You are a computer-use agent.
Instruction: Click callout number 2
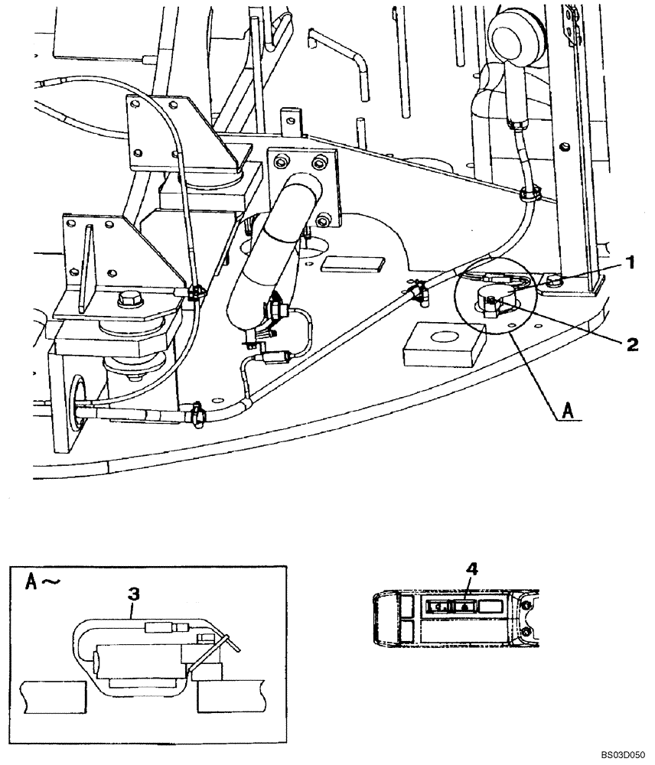click(x=632, y=344)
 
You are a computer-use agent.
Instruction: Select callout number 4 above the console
click(x=473, y=568)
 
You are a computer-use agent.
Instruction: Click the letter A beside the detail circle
click(x=567, y=411)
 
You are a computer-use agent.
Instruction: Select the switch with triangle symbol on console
click(x=464, y=605)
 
